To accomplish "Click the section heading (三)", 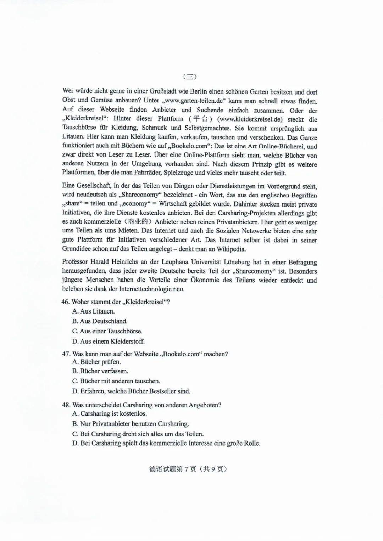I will [190, 76].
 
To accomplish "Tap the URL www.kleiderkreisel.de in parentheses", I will [250, 119].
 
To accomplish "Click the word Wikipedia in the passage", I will [231, 249].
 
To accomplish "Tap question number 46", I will [66, 302].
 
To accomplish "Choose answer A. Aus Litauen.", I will [94, 311].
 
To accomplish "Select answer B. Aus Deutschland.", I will [100, 321].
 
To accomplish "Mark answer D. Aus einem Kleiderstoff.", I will [108, 342].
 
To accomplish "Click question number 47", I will [66, 354].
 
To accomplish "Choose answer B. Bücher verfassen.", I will [100, 371].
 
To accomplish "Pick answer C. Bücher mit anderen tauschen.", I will [116, 381].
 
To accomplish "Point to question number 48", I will [66, 405].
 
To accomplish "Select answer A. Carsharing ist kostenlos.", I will [109, 414].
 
